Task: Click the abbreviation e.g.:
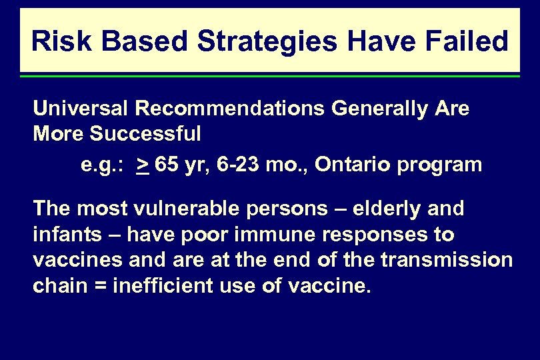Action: click(105, 165)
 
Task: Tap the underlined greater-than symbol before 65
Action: click(143, 165)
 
